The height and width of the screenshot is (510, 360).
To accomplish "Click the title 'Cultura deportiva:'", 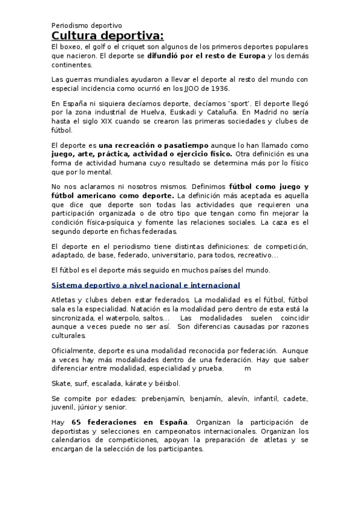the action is pyautogui.click(x=107, y=37).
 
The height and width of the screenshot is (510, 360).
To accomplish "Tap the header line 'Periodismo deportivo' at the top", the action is pyautogui.click(x=87, y=26).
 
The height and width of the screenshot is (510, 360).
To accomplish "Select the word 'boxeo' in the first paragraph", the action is pyautogui.click(x=70, y=47).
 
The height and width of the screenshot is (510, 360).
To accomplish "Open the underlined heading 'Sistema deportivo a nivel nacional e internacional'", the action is pyautogui.click(x=146, y=285).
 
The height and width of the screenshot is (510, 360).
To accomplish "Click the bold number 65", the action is pyautogui.click(x=76, y=422).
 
